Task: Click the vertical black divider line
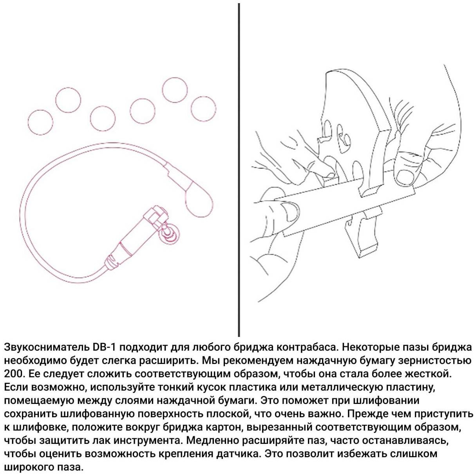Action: click(239, 170)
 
